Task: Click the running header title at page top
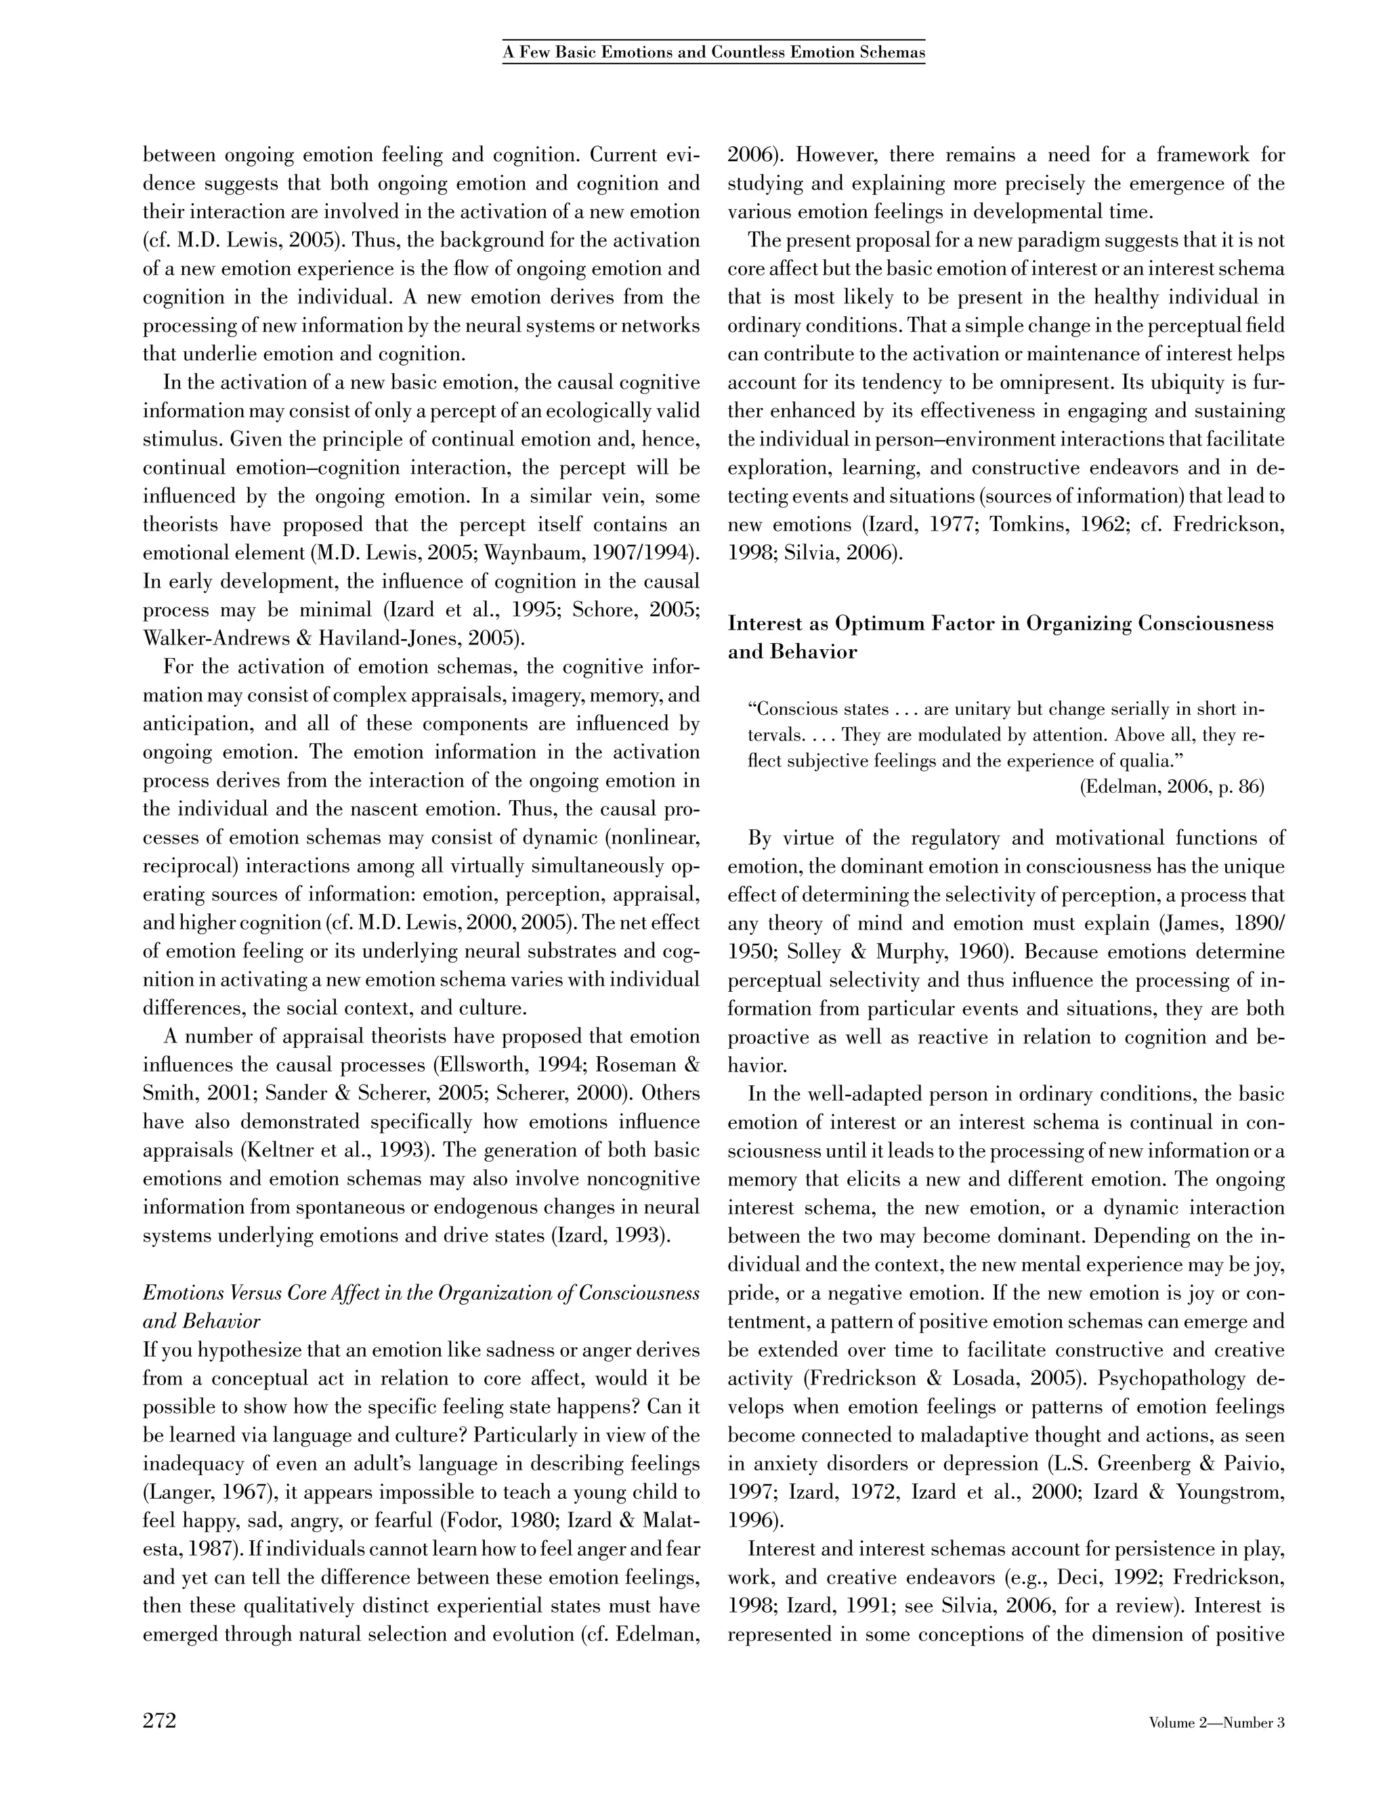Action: [x=713, y=53]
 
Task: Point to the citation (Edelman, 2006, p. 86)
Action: [x=1171, y=787]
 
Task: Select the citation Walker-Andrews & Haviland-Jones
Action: [x=320, y=638]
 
